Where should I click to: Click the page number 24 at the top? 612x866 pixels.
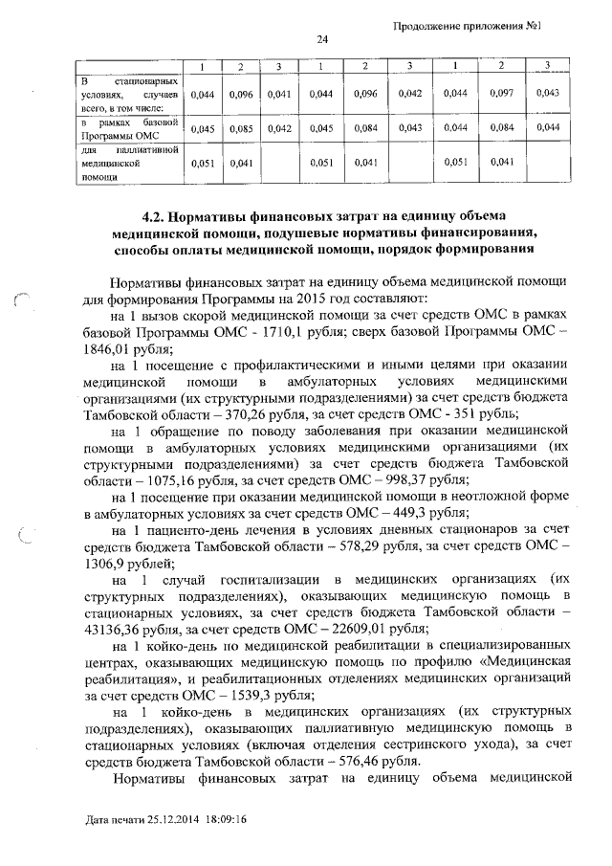click(x=322, y=39)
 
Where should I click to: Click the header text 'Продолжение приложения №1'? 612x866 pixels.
click(x=468, y=25)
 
